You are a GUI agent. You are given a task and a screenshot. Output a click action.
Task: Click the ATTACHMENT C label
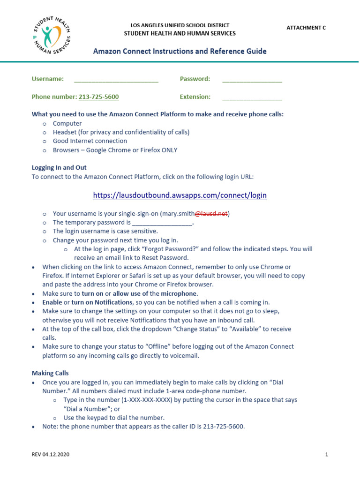(x=306, y=28)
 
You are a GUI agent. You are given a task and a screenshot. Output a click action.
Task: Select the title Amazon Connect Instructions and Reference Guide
(x=180, y=51)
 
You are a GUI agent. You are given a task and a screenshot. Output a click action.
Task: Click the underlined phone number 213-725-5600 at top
(x=98, y=97)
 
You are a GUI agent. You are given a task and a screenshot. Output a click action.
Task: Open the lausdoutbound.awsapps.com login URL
(x=180, y=195)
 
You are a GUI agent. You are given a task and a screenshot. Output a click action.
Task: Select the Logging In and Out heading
(x=59, y=167)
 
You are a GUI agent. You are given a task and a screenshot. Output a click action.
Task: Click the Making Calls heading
(x=50, y=373)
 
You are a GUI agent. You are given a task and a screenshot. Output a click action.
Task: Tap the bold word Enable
(x=52, y=302)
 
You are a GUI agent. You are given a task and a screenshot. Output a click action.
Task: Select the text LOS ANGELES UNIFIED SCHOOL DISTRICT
(x=180, y=25)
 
